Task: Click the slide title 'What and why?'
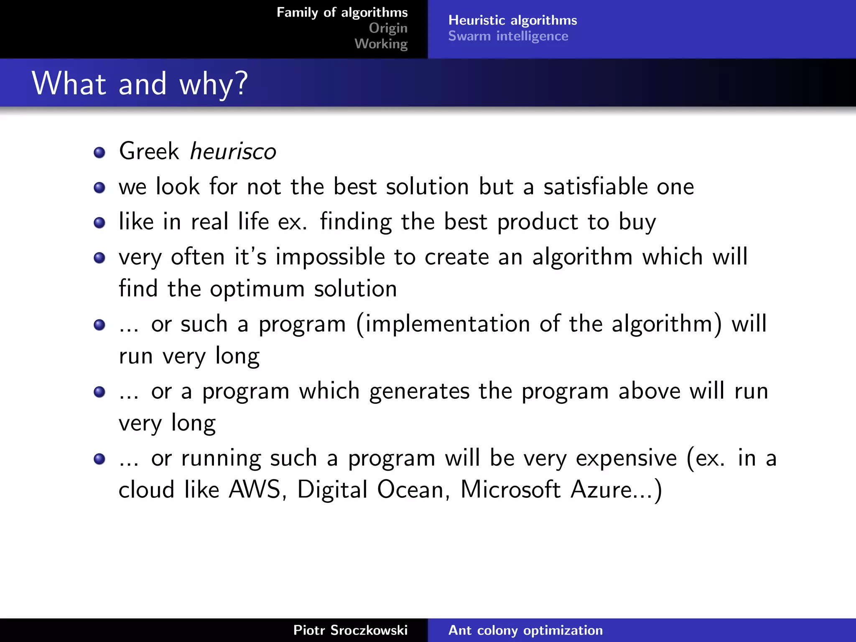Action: tap(140, 84)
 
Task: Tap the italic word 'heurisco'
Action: tap(233, 151)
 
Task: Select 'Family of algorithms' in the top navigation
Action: tap(342, 13)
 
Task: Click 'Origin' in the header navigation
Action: tap(388, 28)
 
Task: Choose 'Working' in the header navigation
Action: tap(381, 43)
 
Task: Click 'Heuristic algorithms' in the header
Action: tap(512, 20)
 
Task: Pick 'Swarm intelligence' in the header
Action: tap(508, 36)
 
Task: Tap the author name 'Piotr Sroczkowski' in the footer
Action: tap(350, 630)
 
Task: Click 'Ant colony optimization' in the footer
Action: tap(525, 630)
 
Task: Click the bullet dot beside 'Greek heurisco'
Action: tap(99, 153)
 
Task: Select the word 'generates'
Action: tap(419, 392)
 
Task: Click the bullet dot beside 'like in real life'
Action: tap(99, 223)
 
